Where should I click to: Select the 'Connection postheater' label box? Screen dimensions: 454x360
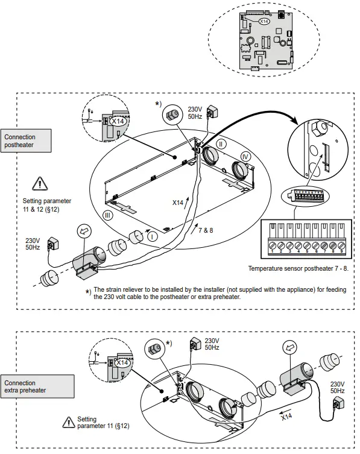(x=20, y=141)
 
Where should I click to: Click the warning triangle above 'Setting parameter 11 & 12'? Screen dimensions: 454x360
(x=39, y=181)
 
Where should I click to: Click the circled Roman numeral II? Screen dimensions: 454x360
(x=221, y=144)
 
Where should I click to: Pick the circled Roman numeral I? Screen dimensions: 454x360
(x=153, y=236)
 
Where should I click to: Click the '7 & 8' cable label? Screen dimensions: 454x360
(x=206, y=230)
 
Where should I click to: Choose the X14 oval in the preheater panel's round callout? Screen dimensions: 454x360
(x=122, y=362)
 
